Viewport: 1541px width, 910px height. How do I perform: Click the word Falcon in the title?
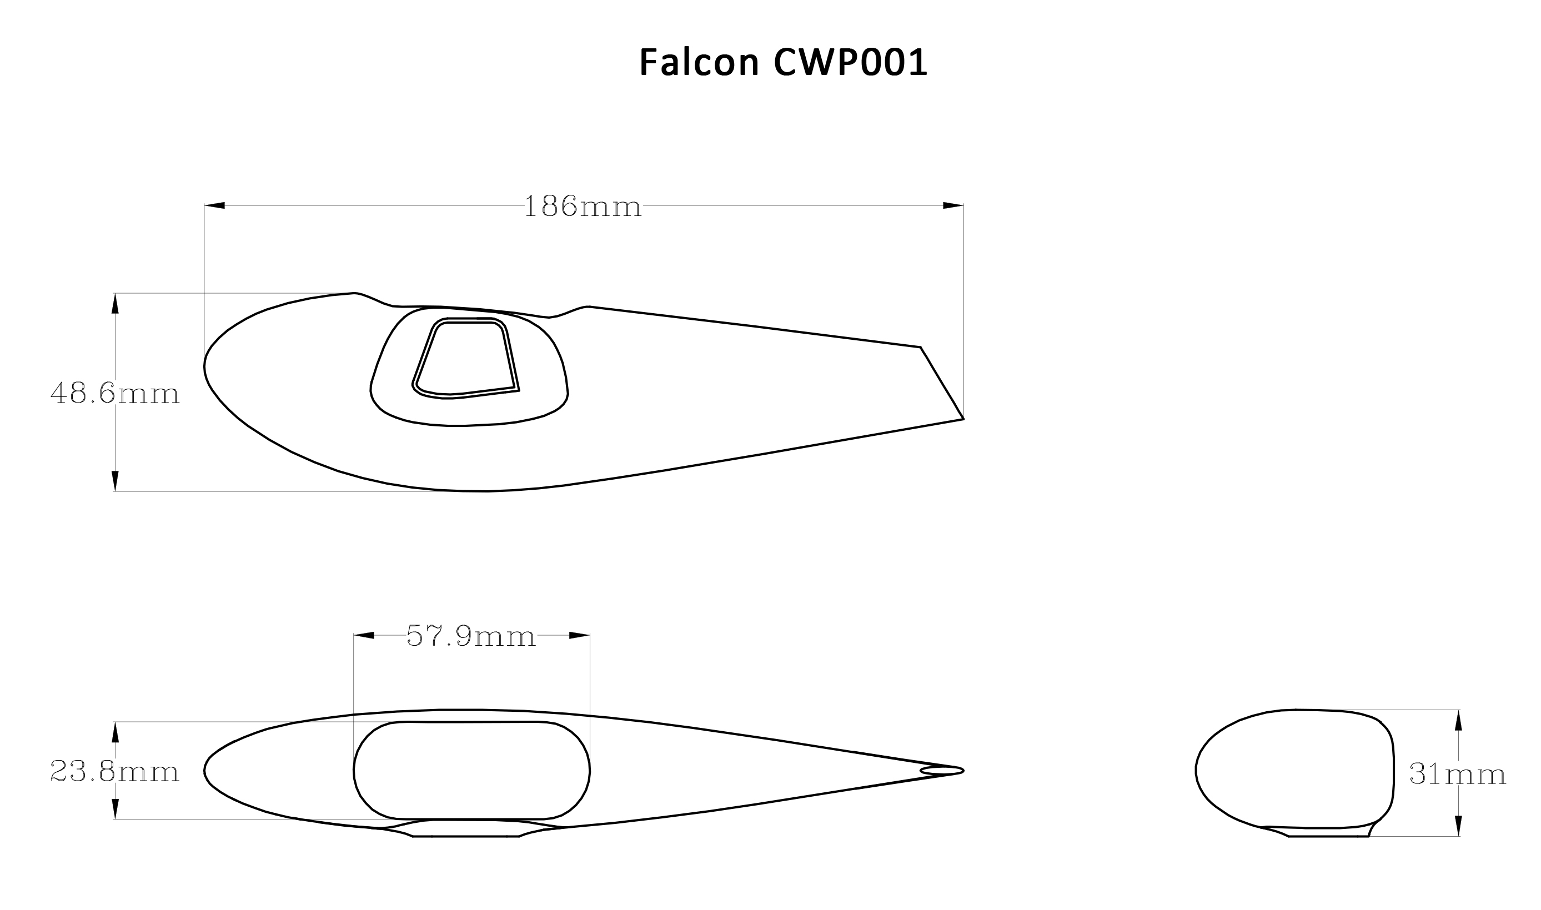699,63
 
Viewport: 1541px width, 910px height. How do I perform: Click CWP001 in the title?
851,63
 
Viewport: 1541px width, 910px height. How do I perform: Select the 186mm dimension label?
583,207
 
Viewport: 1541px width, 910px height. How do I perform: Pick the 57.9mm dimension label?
471,636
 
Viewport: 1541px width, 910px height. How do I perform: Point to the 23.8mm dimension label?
114,771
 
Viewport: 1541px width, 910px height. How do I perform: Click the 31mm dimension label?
1457,774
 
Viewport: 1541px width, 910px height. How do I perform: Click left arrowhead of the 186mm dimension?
214,205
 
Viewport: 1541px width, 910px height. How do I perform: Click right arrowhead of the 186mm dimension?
952,205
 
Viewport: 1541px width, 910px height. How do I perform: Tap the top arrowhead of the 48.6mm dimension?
114,304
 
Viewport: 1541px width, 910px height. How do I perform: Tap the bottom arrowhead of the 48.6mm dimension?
114,481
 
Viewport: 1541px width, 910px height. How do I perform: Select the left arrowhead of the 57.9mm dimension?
364,635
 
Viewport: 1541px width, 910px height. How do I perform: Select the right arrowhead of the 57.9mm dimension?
579,635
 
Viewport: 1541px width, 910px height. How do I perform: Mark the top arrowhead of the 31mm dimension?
1458,721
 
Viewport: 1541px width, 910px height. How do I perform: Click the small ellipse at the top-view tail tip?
941,771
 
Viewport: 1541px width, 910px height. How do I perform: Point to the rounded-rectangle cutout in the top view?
471,770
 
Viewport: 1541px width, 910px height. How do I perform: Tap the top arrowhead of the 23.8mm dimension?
114,732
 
